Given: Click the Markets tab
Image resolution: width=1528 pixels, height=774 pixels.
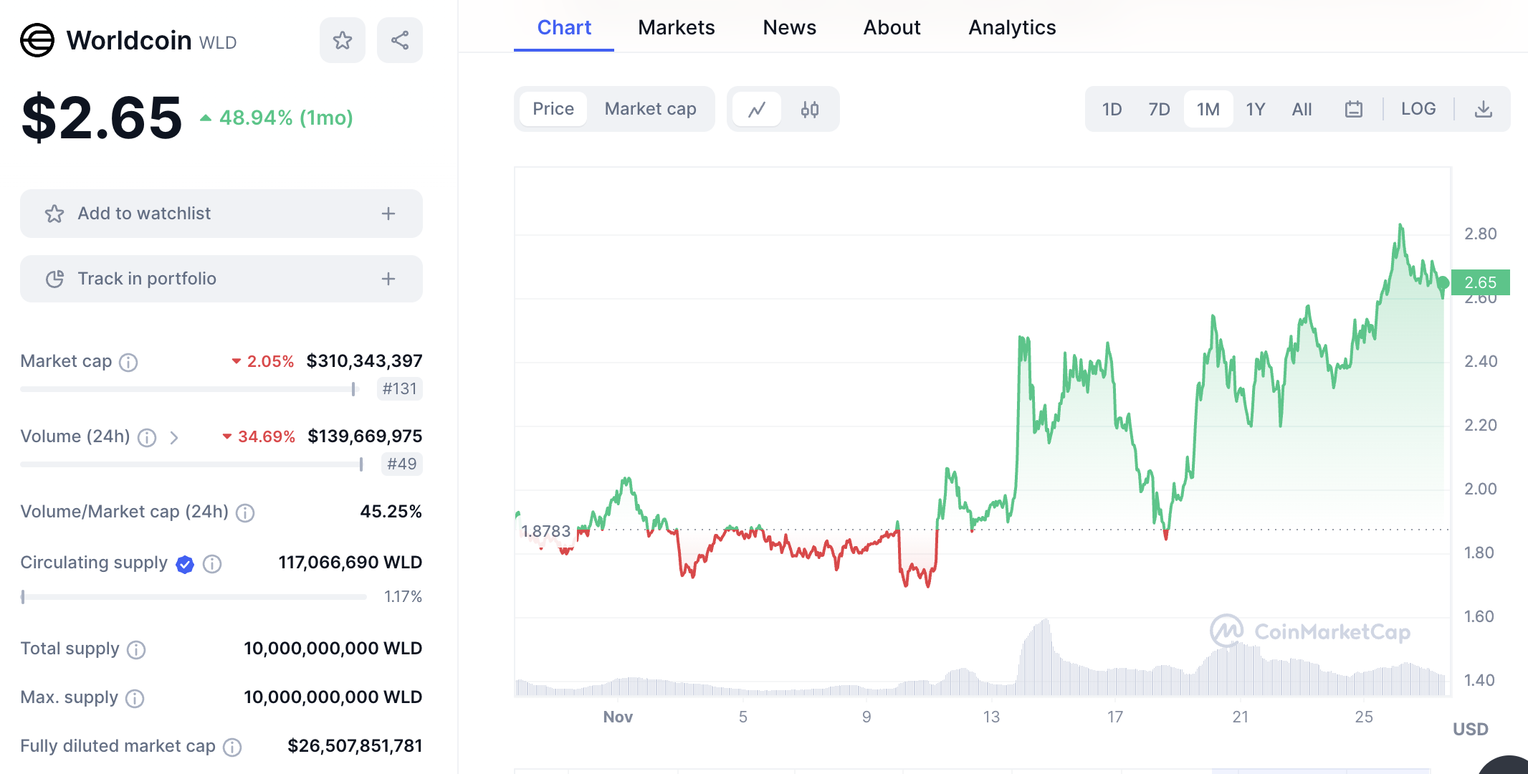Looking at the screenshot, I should pyautogui.click(x=676, y=27).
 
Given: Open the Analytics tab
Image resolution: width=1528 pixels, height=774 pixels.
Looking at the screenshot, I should pyautogui.click(x=1012, y=27).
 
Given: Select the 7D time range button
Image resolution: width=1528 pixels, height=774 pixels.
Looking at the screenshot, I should pyautogui.click(x=1159, y=109).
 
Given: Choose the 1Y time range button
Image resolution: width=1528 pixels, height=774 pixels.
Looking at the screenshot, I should pyautogui.click(x=1255, y=109).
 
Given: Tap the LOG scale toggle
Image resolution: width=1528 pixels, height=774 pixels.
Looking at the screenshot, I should pyautogui.click(x=1418, y=109).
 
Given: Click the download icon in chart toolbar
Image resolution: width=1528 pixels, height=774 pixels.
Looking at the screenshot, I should pyautogui.click(x=1483, y=109).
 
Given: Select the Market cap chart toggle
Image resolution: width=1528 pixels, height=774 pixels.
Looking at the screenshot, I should pyautogui.click(x=650, y=109).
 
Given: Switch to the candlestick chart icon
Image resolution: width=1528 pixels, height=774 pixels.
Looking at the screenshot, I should pyautogui.click(x=810, y=109).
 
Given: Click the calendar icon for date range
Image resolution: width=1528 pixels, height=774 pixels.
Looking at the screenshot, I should pyautogui.click(x=1353, y=109).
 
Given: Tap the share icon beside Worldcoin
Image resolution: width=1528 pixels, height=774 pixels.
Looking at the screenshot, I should pyautogui.click(x=400, y=40).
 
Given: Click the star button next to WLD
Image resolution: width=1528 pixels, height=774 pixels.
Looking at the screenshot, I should pyautogui.click(x=343, y=40).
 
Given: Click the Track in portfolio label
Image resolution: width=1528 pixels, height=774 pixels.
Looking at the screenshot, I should pyautogui.click(x=147, y=279).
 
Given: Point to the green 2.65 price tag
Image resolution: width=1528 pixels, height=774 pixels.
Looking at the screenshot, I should pyautogui.click(x=1481, y=282).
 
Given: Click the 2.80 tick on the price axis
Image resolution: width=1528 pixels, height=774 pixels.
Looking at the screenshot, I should pyautogui.click(x=1480, y=234).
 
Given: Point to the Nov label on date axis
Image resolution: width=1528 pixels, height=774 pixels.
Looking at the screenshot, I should pyautogui.click(x=618, y=717).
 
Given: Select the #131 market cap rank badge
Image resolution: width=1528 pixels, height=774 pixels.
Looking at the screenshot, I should pyautogui.click(x=399, y=388).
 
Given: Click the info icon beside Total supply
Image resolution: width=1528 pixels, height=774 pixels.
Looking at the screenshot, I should pyautogui.click(x=136, y=649).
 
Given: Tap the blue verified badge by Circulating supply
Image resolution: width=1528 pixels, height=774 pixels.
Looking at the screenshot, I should pyautogui.click(x=185, y=564).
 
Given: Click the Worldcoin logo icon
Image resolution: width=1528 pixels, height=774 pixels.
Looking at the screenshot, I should pyautogui.click(x=37, y=40).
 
